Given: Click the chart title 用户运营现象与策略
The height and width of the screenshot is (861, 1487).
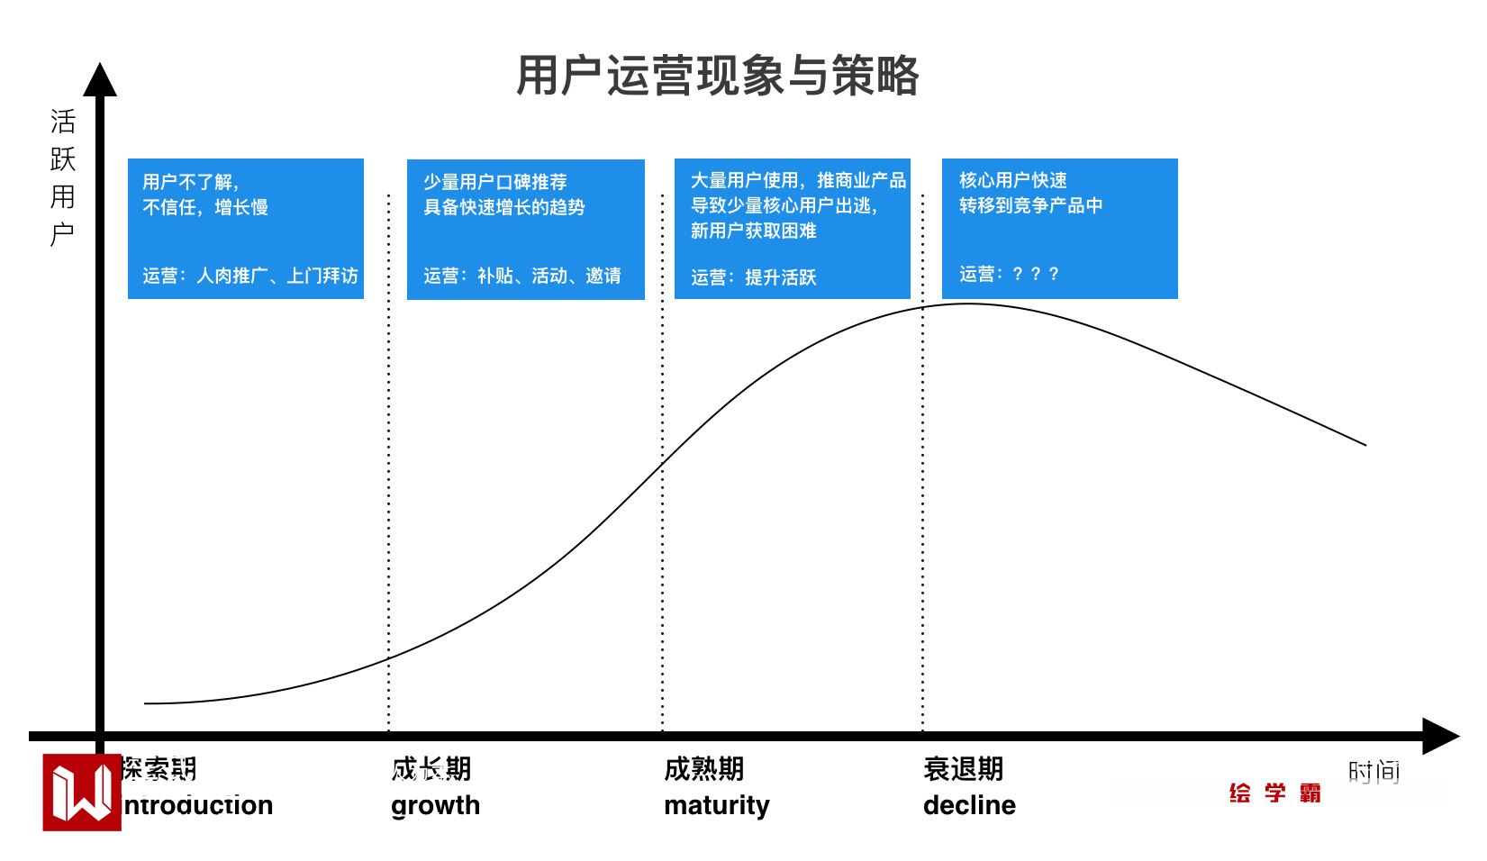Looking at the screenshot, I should (717, 76).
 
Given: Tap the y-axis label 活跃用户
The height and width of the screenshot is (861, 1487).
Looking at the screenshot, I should (62, 177).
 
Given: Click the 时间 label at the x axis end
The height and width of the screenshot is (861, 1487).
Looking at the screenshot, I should (1374, 771).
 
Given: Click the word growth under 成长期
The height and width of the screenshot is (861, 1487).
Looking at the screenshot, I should (435, 805).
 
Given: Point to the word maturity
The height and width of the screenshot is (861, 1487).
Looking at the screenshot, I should (716, 805).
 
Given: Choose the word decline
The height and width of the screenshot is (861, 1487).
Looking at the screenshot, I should (969, 805).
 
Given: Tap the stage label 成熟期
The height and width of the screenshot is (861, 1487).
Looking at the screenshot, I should (703, 769).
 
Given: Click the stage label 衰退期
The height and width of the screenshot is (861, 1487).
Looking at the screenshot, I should (963, 769).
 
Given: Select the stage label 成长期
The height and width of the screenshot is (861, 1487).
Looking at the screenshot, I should (431, 769).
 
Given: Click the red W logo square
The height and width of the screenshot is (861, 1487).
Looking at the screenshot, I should (81, 793).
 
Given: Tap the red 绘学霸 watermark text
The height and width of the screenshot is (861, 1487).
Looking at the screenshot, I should (1274, 793).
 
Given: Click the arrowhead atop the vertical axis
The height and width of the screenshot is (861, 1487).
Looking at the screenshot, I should (100, 79).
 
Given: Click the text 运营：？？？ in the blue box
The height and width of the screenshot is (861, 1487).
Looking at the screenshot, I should (1009, 274).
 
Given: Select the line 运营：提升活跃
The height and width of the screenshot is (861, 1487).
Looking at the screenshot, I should (753, 277).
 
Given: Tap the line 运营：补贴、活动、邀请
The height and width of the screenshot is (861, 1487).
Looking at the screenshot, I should (522, 276).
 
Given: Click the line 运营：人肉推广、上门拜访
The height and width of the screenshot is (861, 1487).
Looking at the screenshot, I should (249, 276).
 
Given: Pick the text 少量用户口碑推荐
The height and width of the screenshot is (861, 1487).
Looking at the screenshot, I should (495, 182).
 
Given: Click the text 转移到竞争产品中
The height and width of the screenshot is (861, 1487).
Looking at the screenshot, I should (1030, 205).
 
